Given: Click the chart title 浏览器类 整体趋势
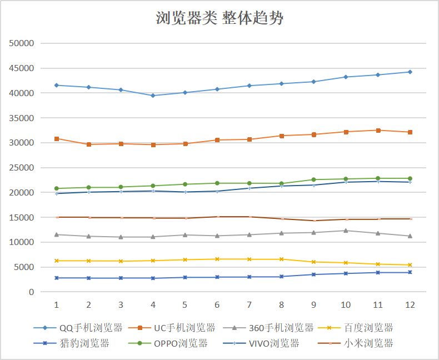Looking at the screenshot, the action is tap(219, 18).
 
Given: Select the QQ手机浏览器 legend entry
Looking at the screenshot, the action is tap(78, 328).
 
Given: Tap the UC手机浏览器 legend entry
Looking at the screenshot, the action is tap(172, 328).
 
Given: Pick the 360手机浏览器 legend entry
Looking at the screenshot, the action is tap(268, 328).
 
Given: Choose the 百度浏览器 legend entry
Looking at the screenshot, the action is tap(356, 328).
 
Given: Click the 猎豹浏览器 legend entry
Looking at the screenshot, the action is tap(71, 343).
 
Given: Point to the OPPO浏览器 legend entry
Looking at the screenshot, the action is tap(168, 343).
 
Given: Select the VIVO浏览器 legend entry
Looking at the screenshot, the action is tap(261, 343).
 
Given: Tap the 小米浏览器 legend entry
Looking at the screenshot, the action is tap(356, 343).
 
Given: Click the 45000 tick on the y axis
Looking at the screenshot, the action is tap(22, 68).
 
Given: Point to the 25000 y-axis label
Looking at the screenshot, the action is tap(22, 167).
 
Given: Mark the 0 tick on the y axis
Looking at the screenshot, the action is tap(31, 292).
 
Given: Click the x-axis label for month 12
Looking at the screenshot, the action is tap(410, 304).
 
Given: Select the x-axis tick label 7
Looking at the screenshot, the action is tap(249, 304).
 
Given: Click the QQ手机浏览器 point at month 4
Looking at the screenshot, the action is tap(153, 96).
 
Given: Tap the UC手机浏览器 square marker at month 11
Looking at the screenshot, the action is tap(378, 131).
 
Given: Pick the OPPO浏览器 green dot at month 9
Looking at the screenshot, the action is tap(313, 179).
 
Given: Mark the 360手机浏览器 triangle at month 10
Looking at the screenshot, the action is tap(346, 231).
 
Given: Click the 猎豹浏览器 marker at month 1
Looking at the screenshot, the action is tap(57, 278).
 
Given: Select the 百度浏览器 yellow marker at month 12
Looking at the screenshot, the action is tap(410, 265).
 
